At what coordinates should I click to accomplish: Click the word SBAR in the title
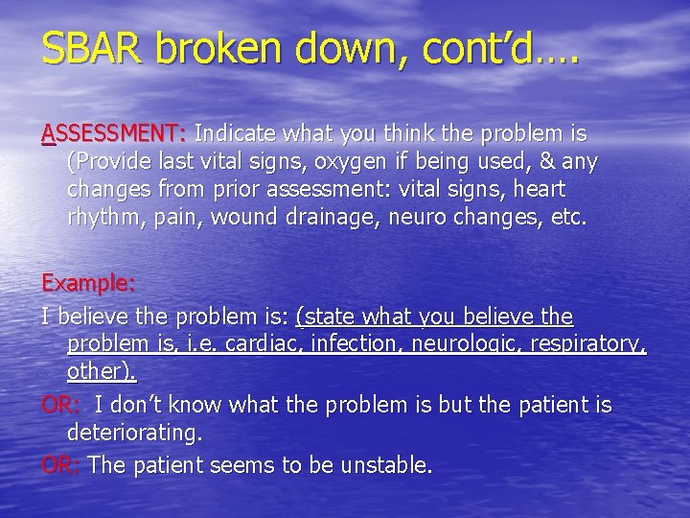pos(91,49)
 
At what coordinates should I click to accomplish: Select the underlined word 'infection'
pos(354,343)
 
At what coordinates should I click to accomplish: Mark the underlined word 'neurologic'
pos(471,343)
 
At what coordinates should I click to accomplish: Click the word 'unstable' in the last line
pos(390,466)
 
